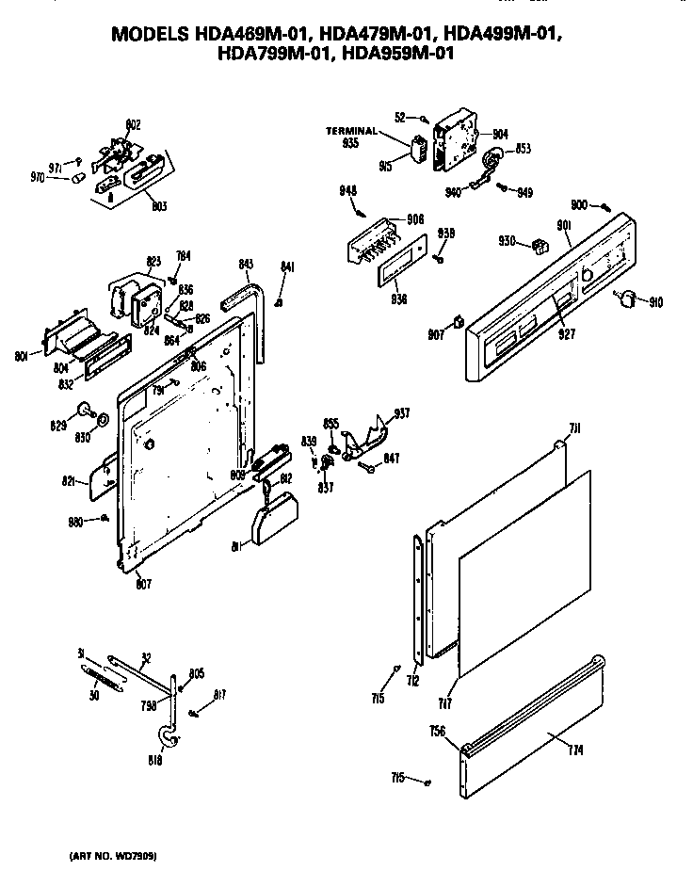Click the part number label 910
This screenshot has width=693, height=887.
tap(655, 302)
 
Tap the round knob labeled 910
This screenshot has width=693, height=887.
tap(624, 298)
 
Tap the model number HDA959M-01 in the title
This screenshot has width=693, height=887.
tap(399, 54)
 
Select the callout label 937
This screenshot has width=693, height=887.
tap(402, 412)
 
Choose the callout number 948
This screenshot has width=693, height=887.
tap(347, 190)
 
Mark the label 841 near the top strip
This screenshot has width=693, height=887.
tap(287, 268)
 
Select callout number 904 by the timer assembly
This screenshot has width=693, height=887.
tap(499, 135)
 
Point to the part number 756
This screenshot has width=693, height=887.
tap(438, 731)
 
